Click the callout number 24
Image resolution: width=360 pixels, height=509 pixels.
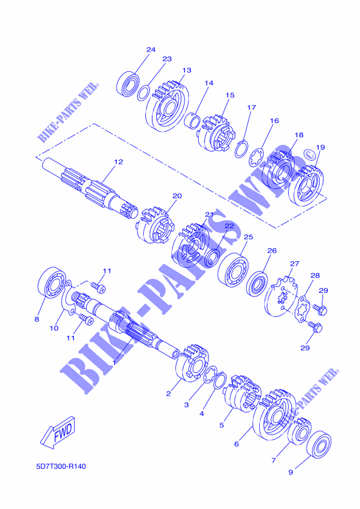[151, 50]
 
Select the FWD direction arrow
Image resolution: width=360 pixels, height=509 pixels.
[58, 433]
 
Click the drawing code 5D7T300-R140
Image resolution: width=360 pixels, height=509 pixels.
[61, 467]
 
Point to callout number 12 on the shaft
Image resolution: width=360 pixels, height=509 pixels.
[119, 162]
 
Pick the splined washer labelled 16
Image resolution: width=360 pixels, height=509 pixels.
[256, 158]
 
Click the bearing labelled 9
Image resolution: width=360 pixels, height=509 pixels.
[319, 444]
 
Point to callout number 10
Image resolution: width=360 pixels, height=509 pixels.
[54, 328]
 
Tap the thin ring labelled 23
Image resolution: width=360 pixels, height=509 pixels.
[143, 93]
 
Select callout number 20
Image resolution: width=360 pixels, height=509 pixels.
[177, 196]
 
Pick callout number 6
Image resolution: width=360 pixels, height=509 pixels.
[236, 444]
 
